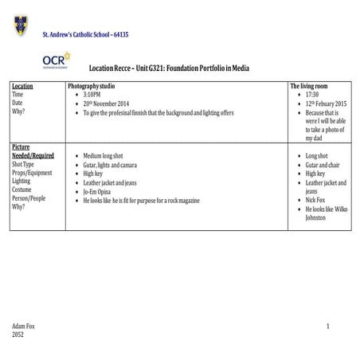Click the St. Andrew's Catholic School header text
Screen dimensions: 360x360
[x=85, y=34]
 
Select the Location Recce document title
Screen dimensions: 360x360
[x=169, y=68]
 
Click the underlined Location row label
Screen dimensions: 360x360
[x=23, y=85]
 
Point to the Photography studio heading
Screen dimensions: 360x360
[x=92, y=85]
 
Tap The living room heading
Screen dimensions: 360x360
[x=310, y=85]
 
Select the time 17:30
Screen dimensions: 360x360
[x=312, y=94]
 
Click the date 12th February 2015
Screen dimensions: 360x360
[x=327, y=104]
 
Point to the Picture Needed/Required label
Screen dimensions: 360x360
[x=33, y=151]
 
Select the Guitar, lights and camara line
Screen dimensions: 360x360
[x=110, y=165]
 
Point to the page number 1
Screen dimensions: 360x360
[x=327, y=327]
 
